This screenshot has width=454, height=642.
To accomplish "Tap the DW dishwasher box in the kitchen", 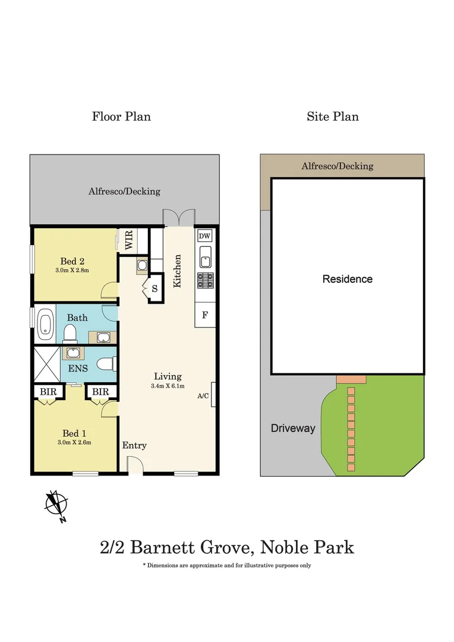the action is point(204,236).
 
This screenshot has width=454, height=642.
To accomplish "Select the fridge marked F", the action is point(204,315).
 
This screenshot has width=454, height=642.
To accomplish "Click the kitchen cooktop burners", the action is point(206,281).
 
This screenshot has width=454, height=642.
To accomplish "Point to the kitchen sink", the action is point(205,256).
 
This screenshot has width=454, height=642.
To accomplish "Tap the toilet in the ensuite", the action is point(108,364).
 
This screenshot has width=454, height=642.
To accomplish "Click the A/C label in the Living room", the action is point(203,396).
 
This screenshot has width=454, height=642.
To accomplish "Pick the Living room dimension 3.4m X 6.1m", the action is point(168,386).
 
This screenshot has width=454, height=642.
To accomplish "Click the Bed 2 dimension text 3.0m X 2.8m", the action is point(72,270).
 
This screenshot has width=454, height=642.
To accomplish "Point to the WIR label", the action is point(128,240).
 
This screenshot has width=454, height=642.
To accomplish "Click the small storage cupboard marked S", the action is point(155,289).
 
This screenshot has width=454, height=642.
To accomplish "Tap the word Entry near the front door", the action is point(134,445).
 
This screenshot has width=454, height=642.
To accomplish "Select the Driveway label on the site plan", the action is point(293,428).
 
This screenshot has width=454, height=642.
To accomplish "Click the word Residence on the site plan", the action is point(348,279).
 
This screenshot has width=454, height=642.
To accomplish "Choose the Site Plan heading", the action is point(333,117).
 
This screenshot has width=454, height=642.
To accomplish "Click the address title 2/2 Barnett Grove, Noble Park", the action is point(227,547).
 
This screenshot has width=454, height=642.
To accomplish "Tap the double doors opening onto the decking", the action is point(179,218).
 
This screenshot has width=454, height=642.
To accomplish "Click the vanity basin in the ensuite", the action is point(73,353).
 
